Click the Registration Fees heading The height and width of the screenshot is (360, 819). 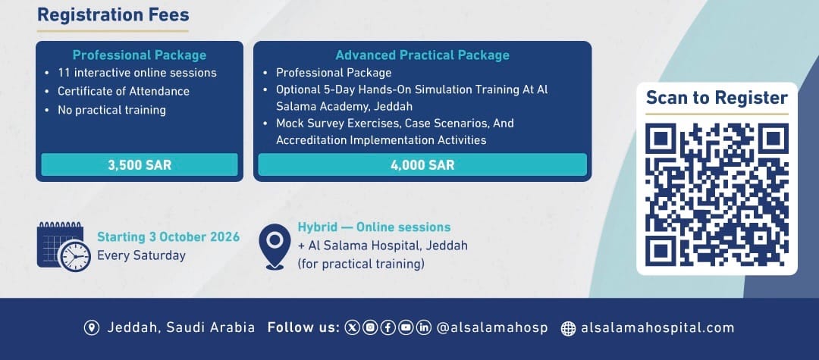click(113, 14)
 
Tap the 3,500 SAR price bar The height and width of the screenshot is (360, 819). click(140, 165)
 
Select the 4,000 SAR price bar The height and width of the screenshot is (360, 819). click(422, 165)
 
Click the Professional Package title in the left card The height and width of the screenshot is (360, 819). click(140, 55)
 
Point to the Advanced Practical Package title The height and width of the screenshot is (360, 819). click(422, 55)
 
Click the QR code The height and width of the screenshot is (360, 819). click(717, 194)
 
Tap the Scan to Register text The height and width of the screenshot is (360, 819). click(717, 98)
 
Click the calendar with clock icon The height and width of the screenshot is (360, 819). click(64, 246)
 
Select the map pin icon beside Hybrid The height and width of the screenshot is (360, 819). click(275, 246)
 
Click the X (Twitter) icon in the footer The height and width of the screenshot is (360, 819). click(353, 327)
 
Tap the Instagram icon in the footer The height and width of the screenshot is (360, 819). click(370, 327)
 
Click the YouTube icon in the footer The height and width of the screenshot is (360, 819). click(406, 327)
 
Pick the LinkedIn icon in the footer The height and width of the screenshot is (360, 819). click(424, 327)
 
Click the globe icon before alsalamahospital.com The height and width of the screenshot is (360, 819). click(568, 328)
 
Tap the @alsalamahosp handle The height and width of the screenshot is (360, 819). click(492, 327)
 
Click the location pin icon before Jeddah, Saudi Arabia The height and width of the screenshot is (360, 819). click(92, 327)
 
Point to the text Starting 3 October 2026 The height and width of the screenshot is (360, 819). click(168, 237)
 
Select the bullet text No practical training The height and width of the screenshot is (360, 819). click(111, 110)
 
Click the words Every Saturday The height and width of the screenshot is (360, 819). click(142, 255)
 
